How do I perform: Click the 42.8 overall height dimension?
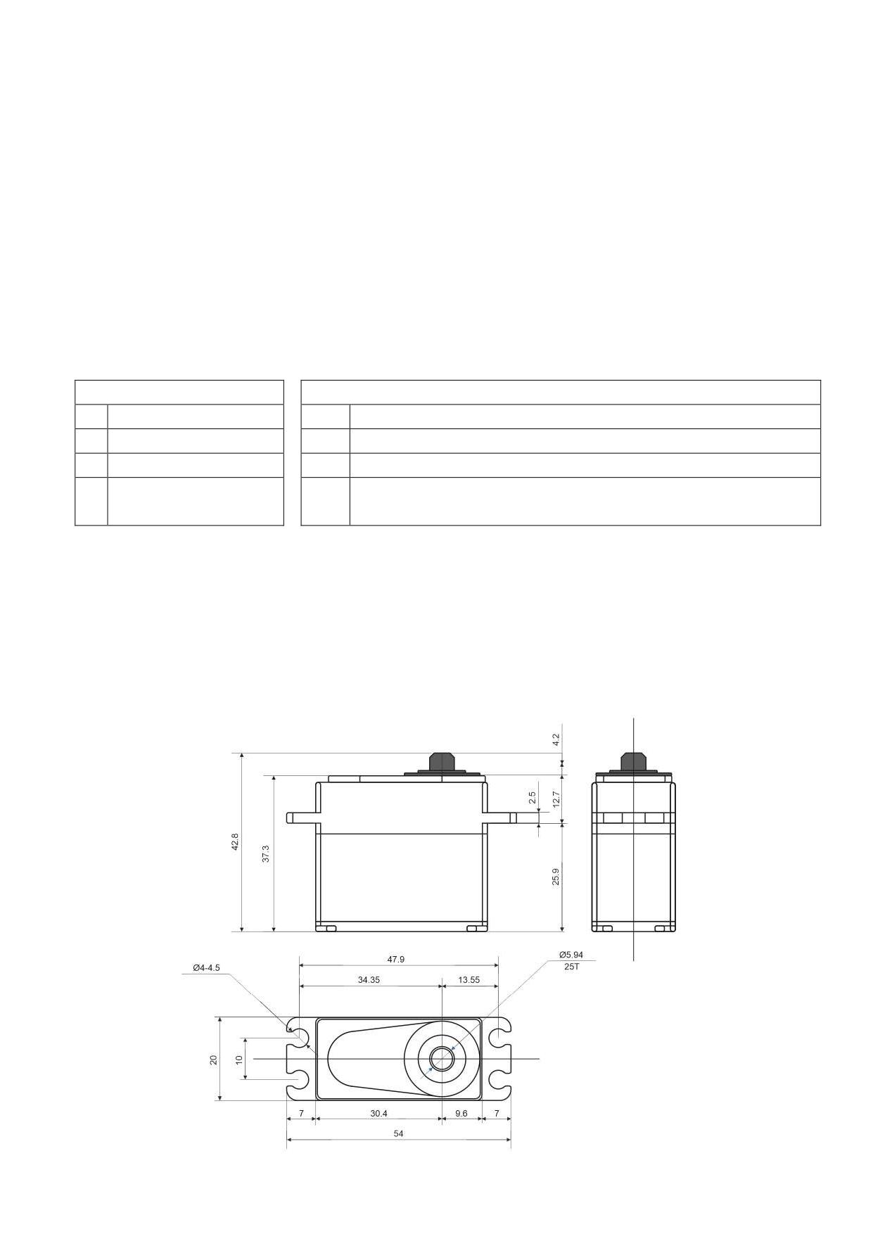(235, 842)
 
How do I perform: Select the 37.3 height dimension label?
(266, 854)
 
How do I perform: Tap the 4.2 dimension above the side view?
(556, 739)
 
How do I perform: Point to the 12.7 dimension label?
(556, 799)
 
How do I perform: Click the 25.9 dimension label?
(556, 877)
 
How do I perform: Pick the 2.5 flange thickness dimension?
(533, 797)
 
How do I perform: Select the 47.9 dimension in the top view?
(396, 959)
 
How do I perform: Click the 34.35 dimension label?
(369, 979)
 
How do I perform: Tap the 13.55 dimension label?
(469, 979)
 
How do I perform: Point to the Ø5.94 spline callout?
(571, 955)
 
